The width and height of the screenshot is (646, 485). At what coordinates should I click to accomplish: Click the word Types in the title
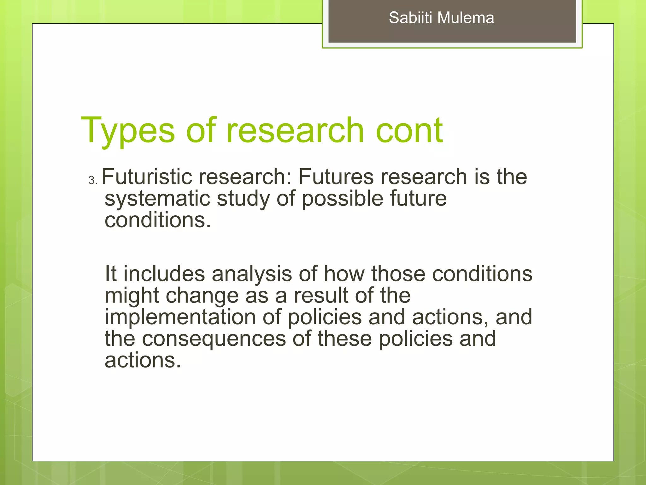pos(128,131)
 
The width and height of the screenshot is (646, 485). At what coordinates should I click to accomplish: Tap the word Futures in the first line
pos(336,177)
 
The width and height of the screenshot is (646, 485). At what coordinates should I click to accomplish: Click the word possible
pos(342,199)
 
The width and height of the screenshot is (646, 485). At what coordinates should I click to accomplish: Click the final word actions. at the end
pos(143,360)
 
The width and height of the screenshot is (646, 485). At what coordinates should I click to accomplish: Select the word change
pos(202,296)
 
